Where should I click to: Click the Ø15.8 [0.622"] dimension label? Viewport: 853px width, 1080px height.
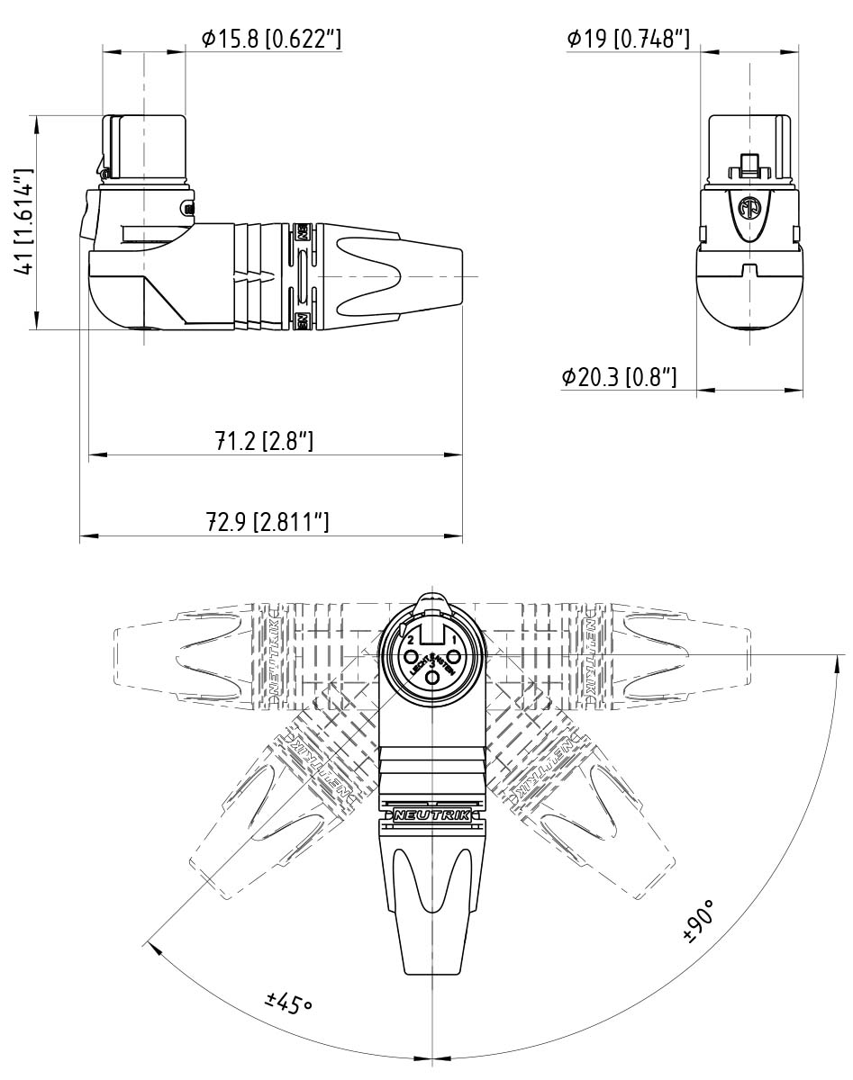point(271,39)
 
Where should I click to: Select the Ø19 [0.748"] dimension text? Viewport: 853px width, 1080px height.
point(628,39)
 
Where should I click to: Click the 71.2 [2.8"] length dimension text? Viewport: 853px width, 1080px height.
point(263,441)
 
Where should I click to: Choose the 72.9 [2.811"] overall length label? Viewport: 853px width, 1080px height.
point(268,522)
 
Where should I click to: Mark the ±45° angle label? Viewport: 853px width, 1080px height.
point(288,1002)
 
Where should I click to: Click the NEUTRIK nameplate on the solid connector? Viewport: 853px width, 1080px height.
point(432,814)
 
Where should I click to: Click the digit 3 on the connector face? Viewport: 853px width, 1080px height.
point(432,664)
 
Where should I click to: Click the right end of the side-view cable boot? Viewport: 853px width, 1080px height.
point(460,275)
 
